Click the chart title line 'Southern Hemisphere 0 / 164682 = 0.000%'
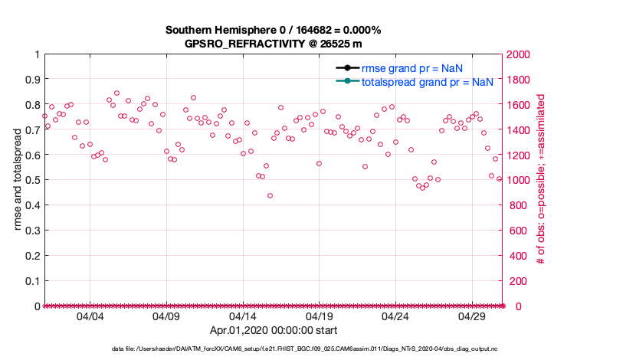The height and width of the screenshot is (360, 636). coord(274,30)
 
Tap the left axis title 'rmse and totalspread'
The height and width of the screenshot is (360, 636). coord(18,180)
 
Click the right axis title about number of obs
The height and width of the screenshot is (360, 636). coord(540,180)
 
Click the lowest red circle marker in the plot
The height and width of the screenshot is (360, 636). coord(270,195)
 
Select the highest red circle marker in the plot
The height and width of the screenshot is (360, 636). coord(116,93)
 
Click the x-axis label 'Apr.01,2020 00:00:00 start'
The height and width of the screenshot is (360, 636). coord(274,330)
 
